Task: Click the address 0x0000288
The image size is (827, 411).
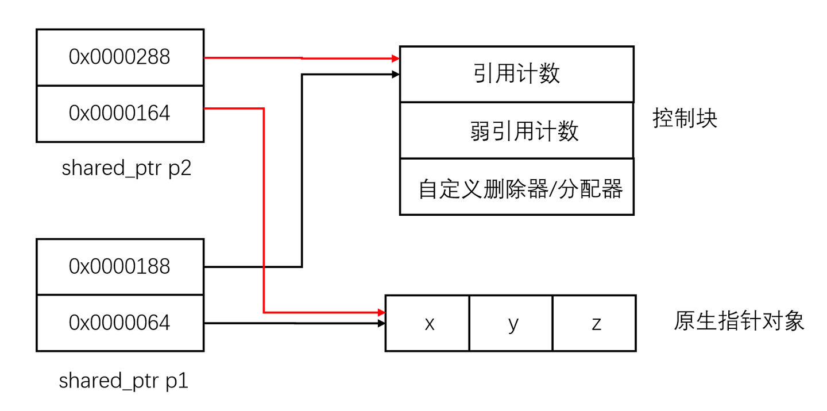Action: tap(119, 57)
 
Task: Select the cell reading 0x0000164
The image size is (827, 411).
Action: tap(119, 113)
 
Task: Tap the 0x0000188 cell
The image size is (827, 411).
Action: tap(119, 266)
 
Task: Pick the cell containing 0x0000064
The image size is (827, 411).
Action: tap(119, 323)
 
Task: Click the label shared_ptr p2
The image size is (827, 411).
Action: tap(126, 168)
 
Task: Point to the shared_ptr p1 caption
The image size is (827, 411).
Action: tap(123, 381)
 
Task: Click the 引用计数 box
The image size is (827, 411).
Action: tap(516, 74)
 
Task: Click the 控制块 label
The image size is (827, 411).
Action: tap(685, 119)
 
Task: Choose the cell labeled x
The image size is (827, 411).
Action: tap(428, 323)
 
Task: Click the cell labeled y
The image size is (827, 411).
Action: tap(512, 323)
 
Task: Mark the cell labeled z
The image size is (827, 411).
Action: tap(595, 323)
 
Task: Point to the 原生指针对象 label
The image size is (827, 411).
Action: tap(739, 321)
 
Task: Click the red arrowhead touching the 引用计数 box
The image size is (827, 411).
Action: tap(395, 59)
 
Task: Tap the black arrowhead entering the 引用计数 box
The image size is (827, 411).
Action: tap(395, 74)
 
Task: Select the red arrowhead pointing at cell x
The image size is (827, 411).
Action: tap(381, 313)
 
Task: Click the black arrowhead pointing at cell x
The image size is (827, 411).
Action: tap(381, 324)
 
